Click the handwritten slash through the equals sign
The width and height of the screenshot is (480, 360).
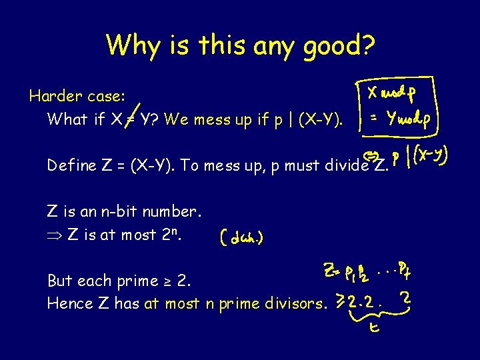coord(138,113)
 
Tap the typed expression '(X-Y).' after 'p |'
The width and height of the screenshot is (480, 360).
coord(322,120)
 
